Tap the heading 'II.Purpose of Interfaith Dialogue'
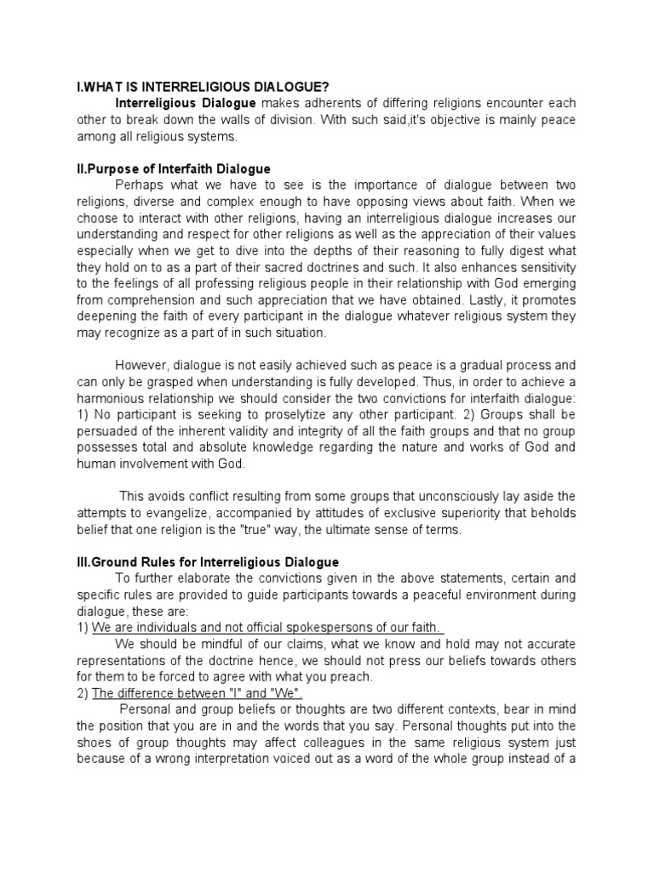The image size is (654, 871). pos(174,168)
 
